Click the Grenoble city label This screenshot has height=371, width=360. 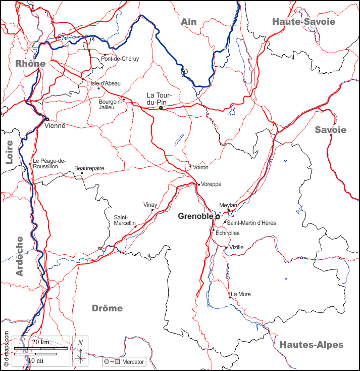pos(196,216)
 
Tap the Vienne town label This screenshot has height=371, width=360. pos(55,125)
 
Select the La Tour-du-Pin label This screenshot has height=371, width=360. pos(160,99)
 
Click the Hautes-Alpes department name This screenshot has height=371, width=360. pos(311,345)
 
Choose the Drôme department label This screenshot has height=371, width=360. pos(107,308)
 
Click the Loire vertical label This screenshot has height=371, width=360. pos(9,152)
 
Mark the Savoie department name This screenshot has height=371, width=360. pos(331,130)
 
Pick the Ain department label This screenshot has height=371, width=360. pos(188,21)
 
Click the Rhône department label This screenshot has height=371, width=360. pos(30,64)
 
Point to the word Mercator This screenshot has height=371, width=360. pos(133,362)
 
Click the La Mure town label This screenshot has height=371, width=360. pos(240,294)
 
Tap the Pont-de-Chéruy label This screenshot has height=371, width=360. pos(120,59)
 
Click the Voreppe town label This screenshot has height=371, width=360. pos(211,184)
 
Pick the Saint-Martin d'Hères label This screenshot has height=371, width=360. pos(251,222)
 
